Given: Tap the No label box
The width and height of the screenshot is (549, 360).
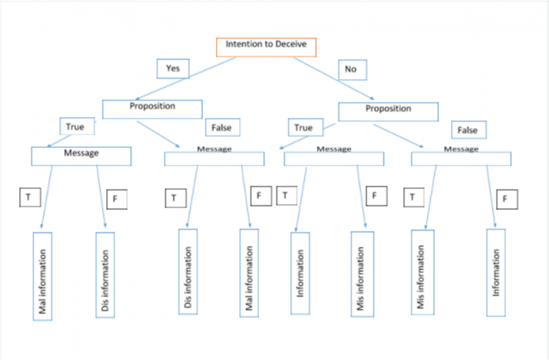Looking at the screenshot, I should click(352, 69).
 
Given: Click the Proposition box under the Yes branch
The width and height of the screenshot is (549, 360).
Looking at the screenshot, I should click(153, 108).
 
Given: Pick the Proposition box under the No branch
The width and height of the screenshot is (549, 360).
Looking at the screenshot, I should click(388, 111).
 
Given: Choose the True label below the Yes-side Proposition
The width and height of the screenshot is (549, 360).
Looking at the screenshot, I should click(75, 127).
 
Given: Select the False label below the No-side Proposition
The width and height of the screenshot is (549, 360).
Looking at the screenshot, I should click(468, 131).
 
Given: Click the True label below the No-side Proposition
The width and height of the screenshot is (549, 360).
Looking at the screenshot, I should click(304, 128).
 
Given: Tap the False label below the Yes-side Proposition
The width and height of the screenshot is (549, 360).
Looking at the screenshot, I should click(222, 128).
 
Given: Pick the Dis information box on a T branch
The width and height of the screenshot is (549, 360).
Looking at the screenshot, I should click(188, 271).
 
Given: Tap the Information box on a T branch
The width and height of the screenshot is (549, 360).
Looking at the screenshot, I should click(301, 272).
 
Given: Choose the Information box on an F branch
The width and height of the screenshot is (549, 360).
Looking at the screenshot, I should click(495, 272).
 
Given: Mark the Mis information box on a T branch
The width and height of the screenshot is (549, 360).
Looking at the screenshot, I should click(421, 272).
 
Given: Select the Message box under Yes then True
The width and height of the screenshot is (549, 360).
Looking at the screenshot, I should click(81, 156).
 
